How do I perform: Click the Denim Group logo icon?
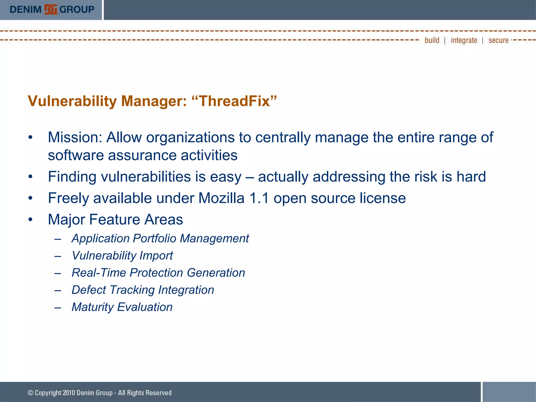(x=51, y=10)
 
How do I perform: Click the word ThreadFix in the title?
(x=234, y=101)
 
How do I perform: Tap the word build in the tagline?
(x=432, y=40)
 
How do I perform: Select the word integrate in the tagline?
(x=464, y=40)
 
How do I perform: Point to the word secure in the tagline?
(x=498, y=40)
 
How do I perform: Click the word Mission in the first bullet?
(x=75, y=137)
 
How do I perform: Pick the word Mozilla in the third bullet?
(x=221, y=198)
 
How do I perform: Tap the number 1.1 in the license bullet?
(x=259, y=198)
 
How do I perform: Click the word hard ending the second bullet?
(x=471, y=176)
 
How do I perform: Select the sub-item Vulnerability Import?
(x=122, y=255)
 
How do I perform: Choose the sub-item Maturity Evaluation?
(x=122, y=307)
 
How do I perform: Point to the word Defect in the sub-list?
(x=89, y=290)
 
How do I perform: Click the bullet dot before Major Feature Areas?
(x=30, y=219)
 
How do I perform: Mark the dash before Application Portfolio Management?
(x=58, y=239)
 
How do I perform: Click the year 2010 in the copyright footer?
(x=69, y=393)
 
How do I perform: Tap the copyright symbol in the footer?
(x=30, y=393)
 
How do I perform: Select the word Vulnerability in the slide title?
(x=72, y=101)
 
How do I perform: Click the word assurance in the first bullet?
(x=142, y=155)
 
